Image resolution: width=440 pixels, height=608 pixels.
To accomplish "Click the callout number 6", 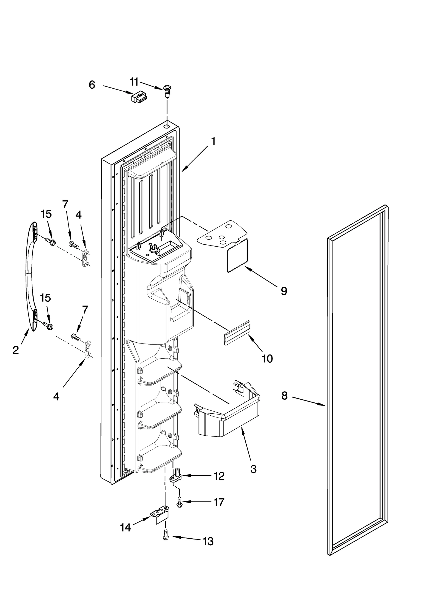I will [92, 85].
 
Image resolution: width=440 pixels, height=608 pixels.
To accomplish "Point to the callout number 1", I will [213, 141].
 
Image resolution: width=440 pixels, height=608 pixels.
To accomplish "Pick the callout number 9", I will [284, 291].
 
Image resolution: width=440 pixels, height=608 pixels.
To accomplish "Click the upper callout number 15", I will [46, 214].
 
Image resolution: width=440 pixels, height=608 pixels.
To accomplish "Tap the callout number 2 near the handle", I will [16, 350].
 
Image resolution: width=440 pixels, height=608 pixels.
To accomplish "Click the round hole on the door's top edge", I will [167, 126].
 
